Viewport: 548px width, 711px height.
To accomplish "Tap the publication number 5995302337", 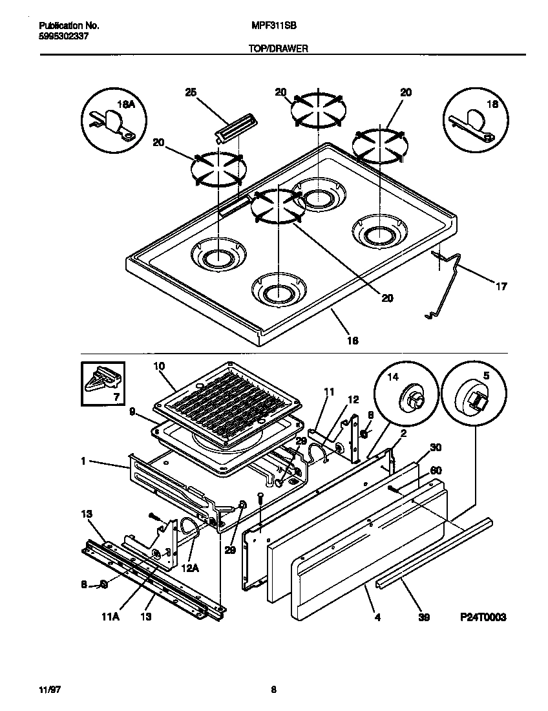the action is pyautogui.click(x=64, y=37).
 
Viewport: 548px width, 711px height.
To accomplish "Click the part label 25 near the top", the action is pyautogui.click(x=190, y=93).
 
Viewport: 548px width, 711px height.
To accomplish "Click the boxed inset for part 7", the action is pyautogui.click(x=104, y=386).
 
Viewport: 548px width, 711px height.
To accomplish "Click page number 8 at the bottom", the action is pyautogui.click(x=274, y=690).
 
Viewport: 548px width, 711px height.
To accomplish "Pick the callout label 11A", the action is pyautogui.click(x=110, y=617).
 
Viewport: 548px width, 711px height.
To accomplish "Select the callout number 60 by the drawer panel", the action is pyautogui.click(x=436, y=471).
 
